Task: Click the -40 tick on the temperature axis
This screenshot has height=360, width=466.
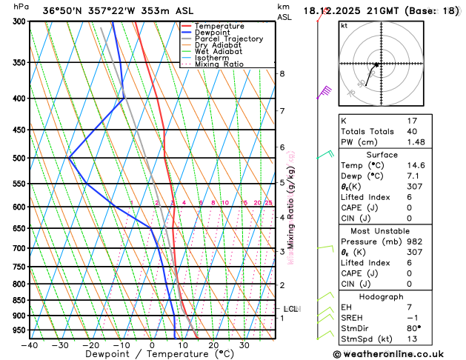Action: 30,344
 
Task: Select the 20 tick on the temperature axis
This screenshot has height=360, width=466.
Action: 213,344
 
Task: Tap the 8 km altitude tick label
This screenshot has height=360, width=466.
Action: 282,73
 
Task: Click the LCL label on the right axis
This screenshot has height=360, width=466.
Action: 291,309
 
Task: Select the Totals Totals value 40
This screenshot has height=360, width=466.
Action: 413,131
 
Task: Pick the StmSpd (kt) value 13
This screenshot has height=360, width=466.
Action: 413,339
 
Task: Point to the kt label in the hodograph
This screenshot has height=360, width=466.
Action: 344,25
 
